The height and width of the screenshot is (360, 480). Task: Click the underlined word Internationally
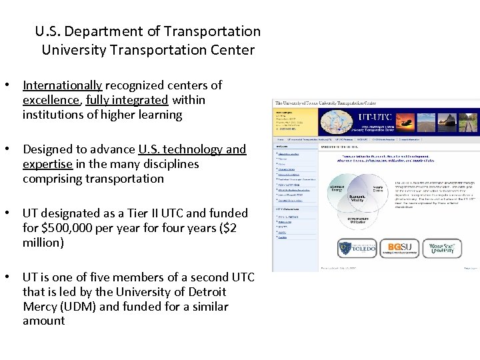[62, 85]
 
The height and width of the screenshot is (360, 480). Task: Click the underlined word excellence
[51, 100]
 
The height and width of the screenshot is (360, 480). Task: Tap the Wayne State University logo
[441, 249]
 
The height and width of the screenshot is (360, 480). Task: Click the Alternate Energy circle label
[337, 189]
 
